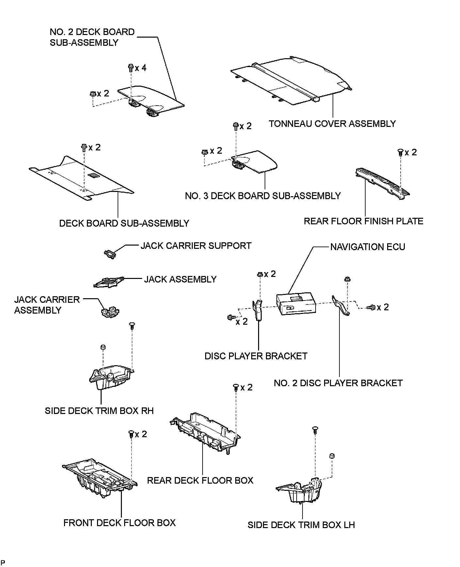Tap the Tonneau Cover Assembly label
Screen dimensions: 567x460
point(332,124)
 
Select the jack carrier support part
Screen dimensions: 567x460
point(110,253)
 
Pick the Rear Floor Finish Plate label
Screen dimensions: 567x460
point(363,221)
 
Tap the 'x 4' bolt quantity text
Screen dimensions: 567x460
point(141,68)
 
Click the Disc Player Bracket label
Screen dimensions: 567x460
point(256,356)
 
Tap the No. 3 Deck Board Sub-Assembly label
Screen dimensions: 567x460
point(263,196)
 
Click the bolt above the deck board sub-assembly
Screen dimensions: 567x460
point(83,148)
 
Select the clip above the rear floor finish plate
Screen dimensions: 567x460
point(400,152)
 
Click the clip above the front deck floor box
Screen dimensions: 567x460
point(131,434)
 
